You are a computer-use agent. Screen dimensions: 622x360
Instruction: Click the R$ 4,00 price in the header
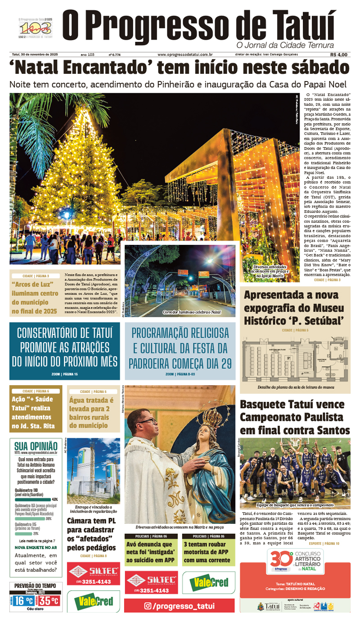tap(338, 54)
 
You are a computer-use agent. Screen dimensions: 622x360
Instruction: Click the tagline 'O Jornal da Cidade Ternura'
tap(285, 45)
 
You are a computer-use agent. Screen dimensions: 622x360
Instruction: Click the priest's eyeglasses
tap(149, 422)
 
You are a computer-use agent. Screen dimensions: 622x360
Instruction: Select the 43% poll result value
tap(54, 499)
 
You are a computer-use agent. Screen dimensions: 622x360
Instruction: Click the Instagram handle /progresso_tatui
tap(180, 606)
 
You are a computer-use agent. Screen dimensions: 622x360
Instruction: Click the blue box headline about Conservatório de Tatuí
tap(65, 347)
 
